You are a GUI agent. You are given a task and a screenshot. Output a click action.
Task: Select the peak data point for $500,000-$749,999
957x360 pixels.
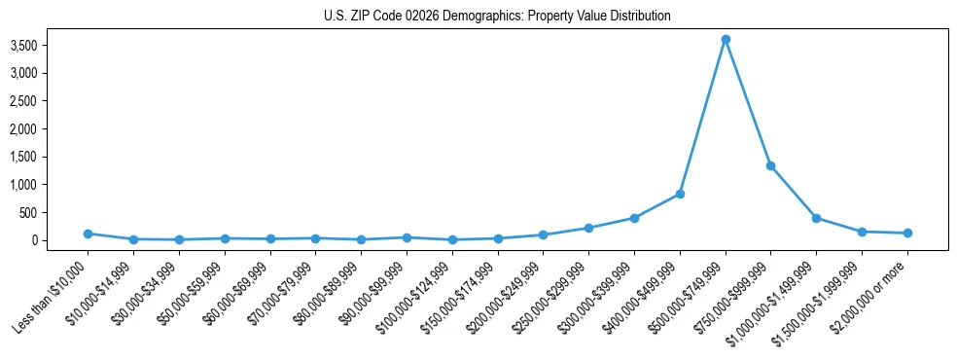click(x=726, y=40)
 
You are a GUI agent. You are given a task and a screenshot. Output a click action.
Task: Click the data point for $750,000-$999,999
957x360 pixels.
click(x=770, y=165)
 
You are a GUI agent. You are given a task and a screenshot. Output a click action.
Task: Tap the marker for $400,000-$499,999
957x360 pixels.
click(x=680, y=194)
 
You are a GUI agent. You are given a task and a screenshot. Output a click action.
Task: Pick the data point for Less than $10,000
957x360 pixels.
click(x=88, y=234)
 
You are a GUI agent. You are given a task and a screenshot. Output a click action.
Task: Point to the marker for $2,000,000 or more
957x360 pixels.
click(x=907, y=234)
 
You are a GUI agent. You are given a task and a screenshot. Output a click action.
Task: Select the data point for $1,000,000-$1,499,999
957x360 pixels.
click(x=816, y=218)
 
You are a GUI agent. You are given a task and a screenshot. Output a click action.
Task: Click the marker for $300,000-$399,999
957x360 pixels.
click(x=634, y=218)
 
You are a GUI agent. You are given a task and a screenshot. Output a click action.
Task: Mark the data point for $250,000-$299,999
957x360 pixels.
click(x=588, y=228)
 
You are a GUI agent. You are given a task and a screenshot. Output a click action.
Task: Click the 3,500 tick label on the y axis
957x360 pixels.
click(x=51, y=45)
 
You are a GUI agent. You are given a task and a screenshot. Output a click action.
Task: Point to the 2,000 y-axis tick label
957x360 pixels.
click(x=51, y=128)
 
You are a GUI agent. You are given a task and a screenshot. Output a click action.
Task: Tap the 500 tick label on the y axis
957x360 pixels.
click(x=55, y=212)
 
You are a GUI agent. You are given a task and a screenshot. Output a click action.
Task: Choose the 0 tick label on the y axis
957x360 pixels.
click(x=61, y=240)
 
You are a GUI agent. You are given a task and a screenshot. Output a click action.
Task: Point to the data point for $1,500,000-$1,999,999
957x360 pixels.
click(x=862, y=232)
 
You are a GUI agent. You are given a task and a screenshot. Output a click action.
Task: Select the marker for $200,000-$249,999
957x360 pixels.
click(x=543, y=234)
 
